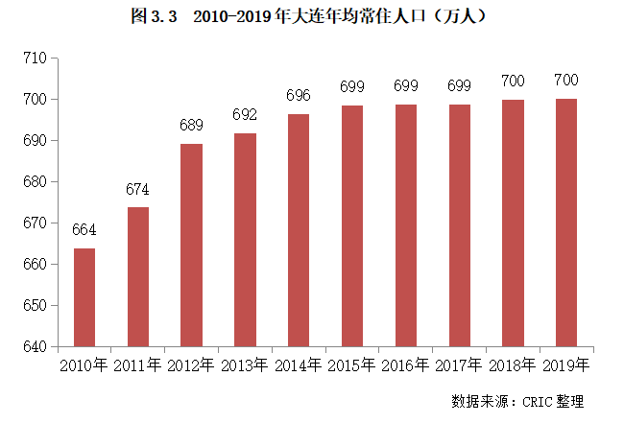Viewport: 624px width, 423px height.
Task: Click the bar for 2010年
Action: pyautogui.click(x=84, y=297)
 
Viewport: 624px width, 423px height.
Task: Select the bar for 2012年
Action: pyautogui.click(x=192, y=245)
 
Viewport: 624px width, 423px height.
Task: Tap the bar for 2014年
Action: pyautogui.click(x=299, y=230)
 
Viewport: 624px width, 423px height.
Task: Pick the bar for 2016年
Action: pyautogui.click(x=406, y=224)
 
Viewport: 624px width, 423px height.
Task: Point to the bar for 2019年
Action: pyautogui.click(x=566, y=222)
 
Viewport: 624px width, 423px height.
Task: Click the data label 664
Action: pyautogui.click(x=84, y=230)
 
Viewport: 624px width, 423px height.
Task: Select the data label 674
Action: pyautogui.click(x=138, y=189)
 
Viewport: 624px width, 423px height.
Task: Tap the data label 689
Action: pyautogui.click(x=192, y=126)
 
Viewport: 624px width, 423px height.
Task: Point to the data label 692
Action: pyautogui.click(x=245, y=115)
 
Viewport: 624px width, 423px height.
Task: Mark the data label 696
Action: pyautogui.click(x=299, y=96)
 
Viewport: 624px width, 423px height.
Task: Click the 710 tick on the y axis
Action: pyautogui.click(x=36, y=59)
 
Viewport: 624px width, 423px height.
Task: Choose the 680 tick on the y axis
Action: pyautogui.click(x=36, y=182)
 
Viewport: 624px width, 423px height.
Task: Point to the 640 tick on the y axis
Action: pyautogui.click(x=36, y=346)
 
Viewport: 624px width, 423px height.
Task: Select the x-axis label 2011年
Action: pyautogui.click(x=138, y=365)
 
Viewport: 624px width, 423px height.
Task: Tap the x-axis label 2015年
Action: pyautogui.click(x=352, y=365)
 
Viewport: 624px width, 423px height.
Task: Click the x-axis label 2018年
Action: pyautogui.click(x=513, y=365)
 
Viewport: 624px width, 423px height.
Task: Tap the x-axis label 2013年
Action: pyautogui.click(x=245, y=365)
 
